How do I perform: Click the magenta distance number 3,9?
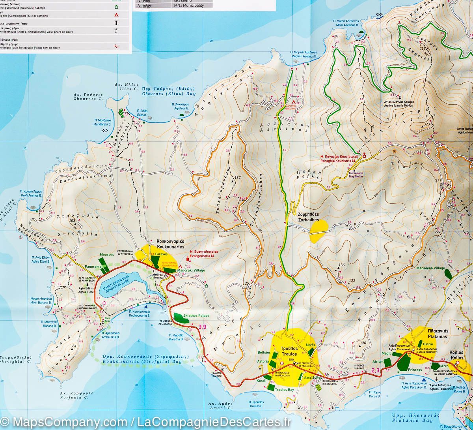[202, 327]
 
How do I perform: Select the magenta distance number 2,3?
[375, 370]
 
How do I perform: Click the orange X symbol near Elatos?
[394, 150]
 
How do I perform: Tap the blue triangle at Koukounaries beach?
[146, 306]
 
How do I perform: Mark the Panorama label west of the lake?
[93, 267]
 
